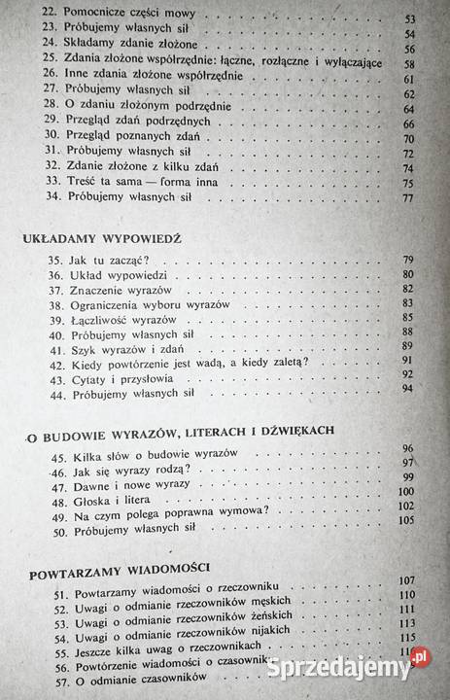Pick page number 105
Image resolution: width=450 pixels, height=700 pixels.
(x=406, y=519)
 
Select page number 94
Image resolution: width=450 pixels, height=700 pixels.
(x=407, y=388)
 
